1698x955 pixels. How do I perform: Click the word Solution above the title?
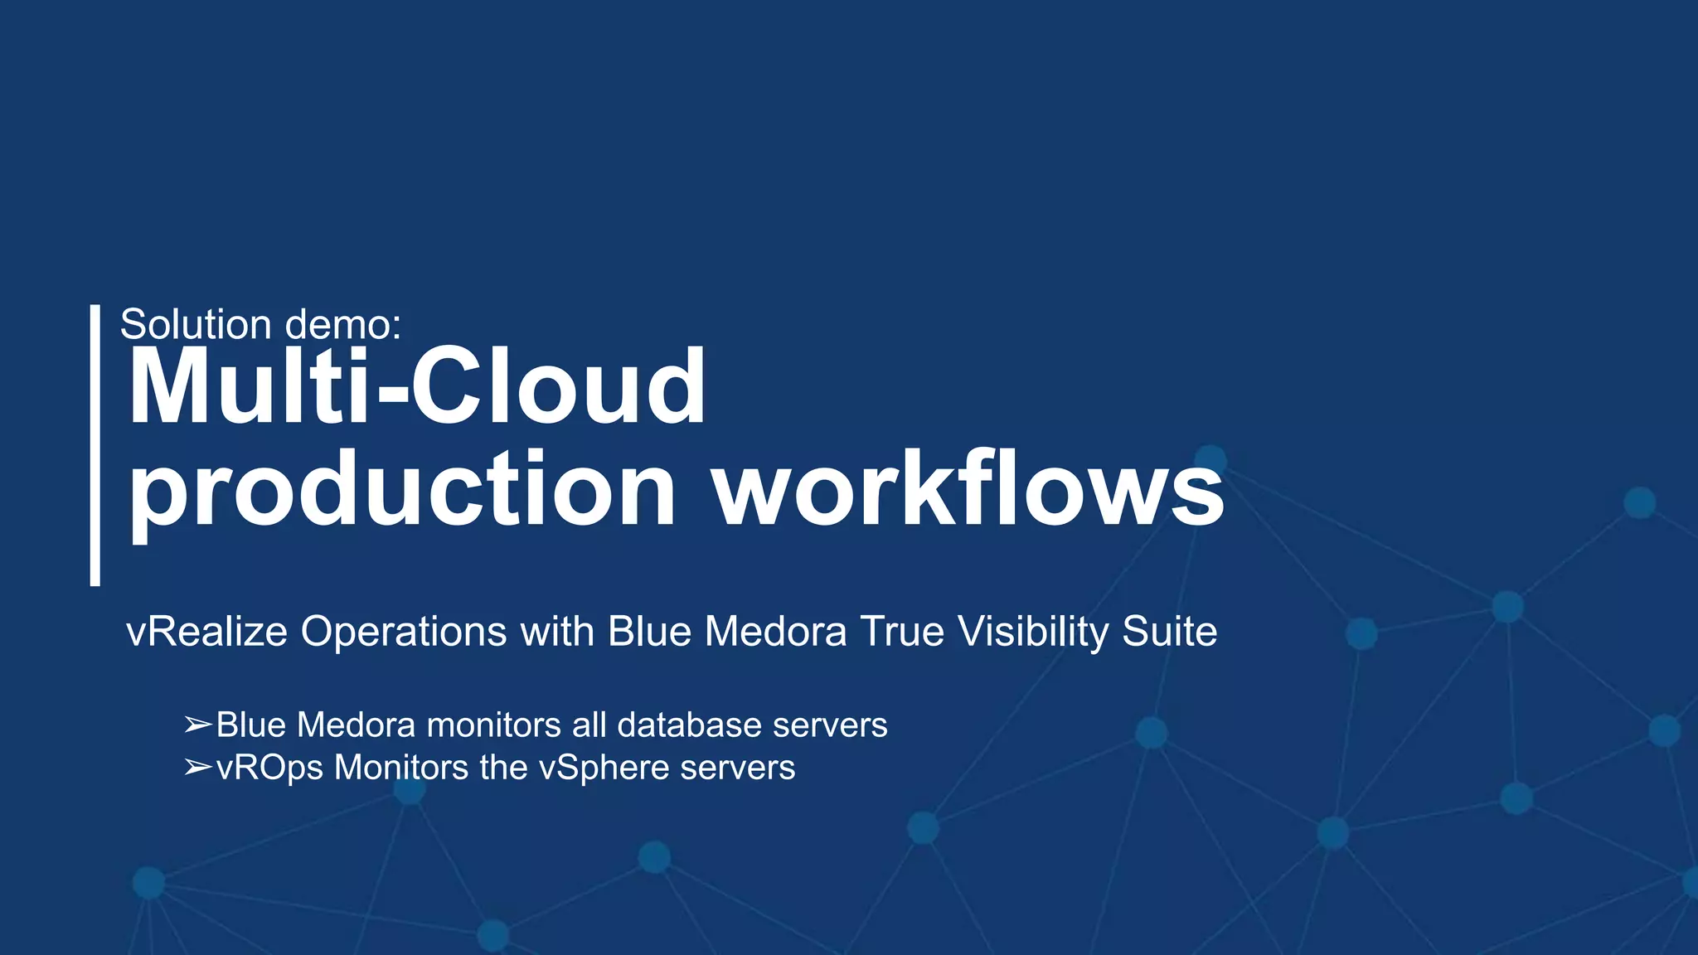coord(196,324)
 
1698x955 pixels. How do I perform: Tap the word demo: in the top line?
coord(342,324)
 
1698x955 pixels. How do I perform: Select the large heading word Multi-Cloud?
coord(417,387)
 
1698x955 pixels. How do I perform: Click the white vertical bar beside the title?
coord(95,445)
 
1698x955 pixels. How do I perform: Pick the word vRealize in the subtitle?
coord(206,632)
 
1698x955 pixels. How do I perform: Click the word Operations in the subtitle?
coord(403,632)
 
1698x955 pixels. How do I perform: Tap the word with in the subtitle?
coord(556,632)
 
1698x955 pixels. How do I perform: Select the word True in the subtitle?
coord(902,632)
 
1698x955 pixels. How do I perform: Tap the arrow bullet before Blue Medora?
coord(197,725)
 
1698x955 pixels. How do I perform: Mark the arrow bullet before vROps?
coord(197,768)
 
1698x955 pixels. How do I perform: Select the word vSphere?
coord(604,768)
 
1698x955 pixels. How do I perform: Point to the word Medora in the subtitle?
coord(775,632)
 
